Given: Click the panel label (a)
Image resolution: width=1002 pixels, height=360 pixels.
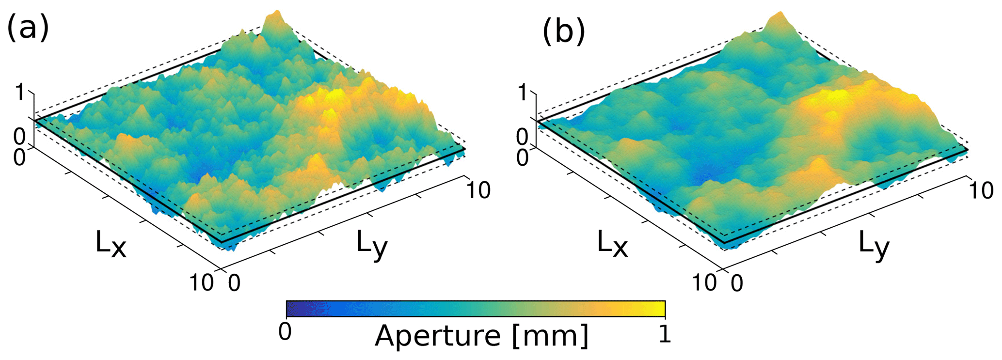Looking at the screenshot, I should point(28,28).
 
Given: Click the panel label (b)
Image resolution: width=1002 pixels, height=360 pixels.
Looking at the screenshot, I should point(563,32).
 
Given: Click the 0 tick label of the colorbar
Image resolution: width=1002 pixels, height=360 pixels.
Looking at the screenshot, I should point(285,333).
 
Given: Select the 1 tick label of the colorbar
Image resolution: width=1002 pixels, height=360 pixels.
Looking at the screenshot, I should point(665,334).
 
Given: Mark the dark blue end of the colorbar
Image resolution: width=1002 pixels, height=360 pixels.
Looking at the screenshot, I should point(294,308).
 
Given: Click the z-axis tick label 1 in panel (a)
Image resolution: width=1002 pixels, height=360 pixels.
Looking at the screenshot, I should point(20,92).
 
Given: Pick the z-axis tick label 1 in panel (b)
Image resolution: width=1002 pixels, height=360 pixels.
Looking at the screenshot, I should point(522,92).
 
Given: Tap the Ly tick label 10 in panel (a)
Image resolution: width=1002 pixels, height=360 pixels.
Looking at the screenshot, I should point(478,190).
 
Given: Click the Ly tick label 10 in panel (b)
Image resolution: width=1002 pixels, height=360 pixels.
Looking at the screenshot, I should point(981,190).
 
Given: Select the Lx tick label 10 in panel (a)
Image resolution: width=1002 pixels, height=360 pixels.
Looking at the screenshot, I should point(201,282).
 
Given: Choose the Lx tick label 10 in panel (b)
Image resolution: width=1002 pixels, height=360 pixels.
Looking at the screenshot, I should point(704,282).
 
